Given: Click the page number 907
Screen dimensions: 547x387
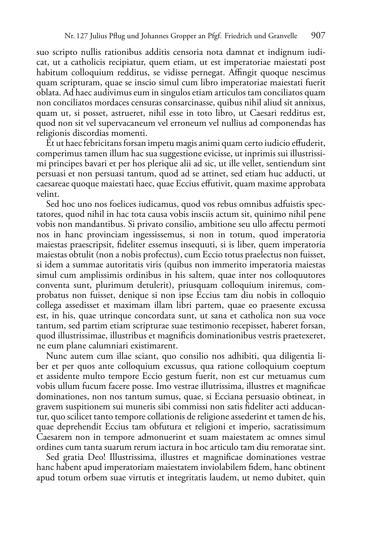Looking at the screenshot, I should click(318, 36).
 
